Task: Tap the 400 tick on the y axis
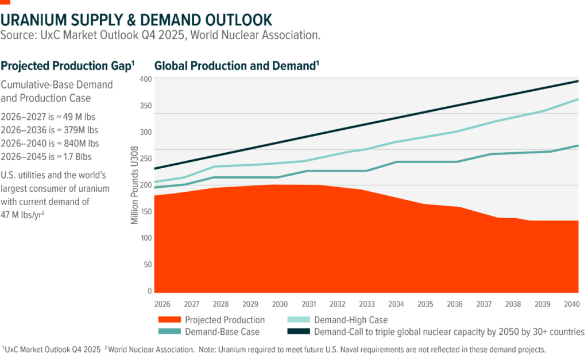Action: click(x=147, y=79)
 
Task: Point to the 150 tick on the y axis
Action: click(x=147, y=211)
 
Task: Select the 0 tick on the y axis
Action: click(x=149, y=291)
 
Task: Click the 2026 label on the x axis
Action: click(x=161, y=302)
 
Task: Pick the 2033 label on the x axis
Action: click(x=366, y=302)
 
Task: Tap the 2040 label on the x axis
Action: click(x=571, y=302)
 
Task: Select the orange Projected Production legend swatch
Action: click(x=167, y=320)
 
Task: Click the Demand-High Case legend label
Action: click(x=350, y=320)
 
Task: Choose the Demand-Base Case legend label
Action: click(x=223, y=332)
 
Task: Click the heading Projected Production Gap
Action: click(x=68, y=65)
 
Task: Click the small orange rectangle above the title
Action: click(x=5, y=2)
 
